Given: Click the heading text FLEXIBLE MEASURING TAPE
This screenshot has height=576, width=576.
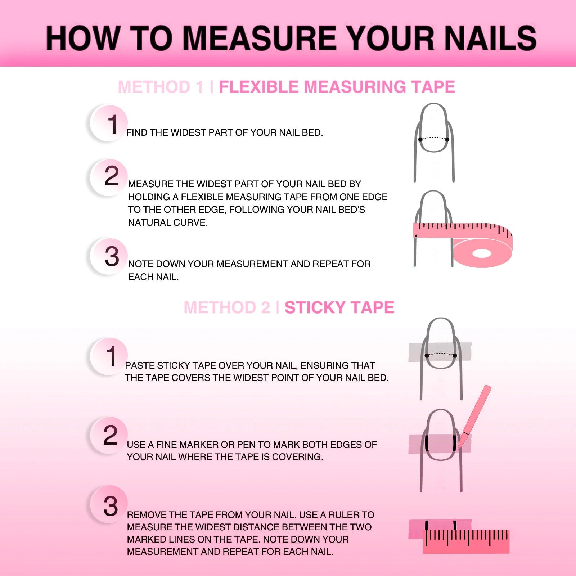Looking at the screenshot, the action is pos(337,87).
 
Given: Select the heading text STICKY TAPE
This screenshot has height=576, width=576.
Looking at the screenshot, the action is pos(339,307).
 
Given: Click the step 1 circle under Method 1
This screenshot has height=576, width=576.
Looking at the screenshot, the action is pos(109,123).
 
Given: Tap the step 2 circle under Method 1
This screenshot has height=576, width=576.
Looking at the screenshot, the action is pos(109,177).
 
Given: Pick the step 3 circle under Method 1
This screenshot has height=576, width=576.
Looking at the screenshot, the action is pos(109,256).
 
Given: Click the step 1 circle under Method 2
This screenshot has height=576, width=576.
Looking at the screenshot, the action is pos(109,356).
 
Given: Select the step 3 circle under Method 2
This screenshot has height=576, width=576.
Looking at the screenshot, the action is pos(109,505).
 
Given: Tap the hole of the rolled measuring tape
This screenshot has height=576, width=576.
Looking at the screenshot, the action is pos(482,253).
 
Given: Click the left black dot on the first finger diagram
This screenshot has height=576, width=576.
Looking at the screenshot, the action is pos(420,139).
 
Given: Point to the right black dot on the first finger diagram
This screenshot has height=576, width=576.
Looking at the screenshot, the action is pos(447,139).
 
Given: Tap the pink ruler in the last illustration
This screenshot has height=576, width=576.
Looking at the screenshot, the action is pos(466,541).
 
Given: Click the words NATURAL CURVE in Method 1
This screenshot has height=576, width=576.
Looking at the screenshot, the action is pos(168,222).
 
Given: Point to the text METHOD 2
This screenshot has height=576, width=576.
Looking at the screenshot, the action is pos(227,307).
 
